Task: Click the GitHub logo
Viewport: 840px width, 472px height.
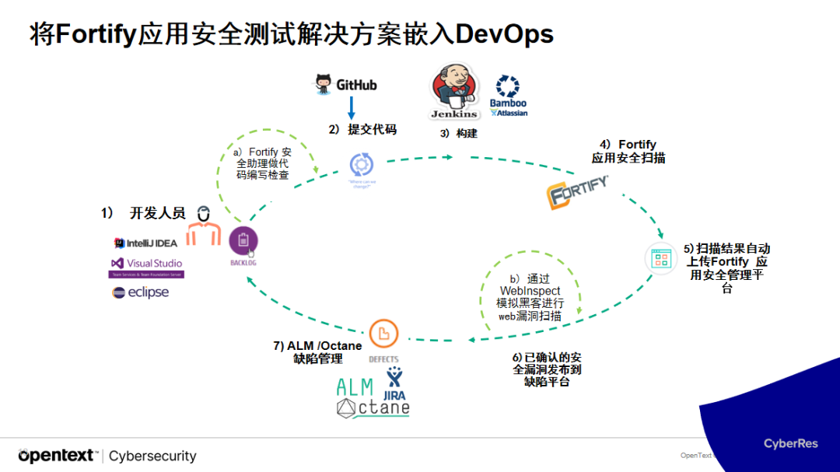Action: point(345,83)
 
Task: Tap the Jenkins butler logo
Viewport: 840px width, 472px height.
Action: point(454,93)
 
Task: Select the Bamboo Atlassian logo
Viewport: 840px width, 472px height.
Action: point(508,96)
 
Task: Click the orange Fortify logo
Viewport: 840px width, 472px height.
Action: point(578,193)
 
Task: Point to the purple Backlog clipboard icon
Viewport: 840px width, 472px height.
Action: point(243,242)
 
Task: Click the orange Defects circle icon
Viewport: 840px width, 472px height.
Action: point(383,334)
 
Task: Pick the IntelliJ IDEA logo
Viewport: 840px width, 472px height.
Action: point(146,243)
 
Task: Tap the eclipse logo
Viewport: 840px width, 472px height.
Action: point(141,292)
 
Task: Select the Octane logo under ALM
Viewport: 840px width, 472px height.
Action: point(373,407)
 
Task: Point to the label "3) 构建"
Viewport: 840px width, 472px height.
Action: point(458,133)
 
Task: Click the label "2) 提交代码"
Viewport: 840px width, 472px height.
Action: point(362,129)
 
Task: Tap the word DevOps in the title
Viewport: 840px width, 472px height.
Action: point(505,34)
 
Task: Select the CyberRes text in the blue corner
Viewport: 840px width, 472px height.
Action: point(790,443)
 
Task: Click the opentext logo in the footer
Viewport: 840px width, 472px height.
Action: point(58,456)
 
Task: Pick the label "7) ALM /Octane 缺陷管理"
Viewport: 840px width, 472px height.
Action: point(317,352)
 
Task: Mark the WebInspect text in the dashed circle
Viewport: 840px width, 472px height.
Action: point(530,291)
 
